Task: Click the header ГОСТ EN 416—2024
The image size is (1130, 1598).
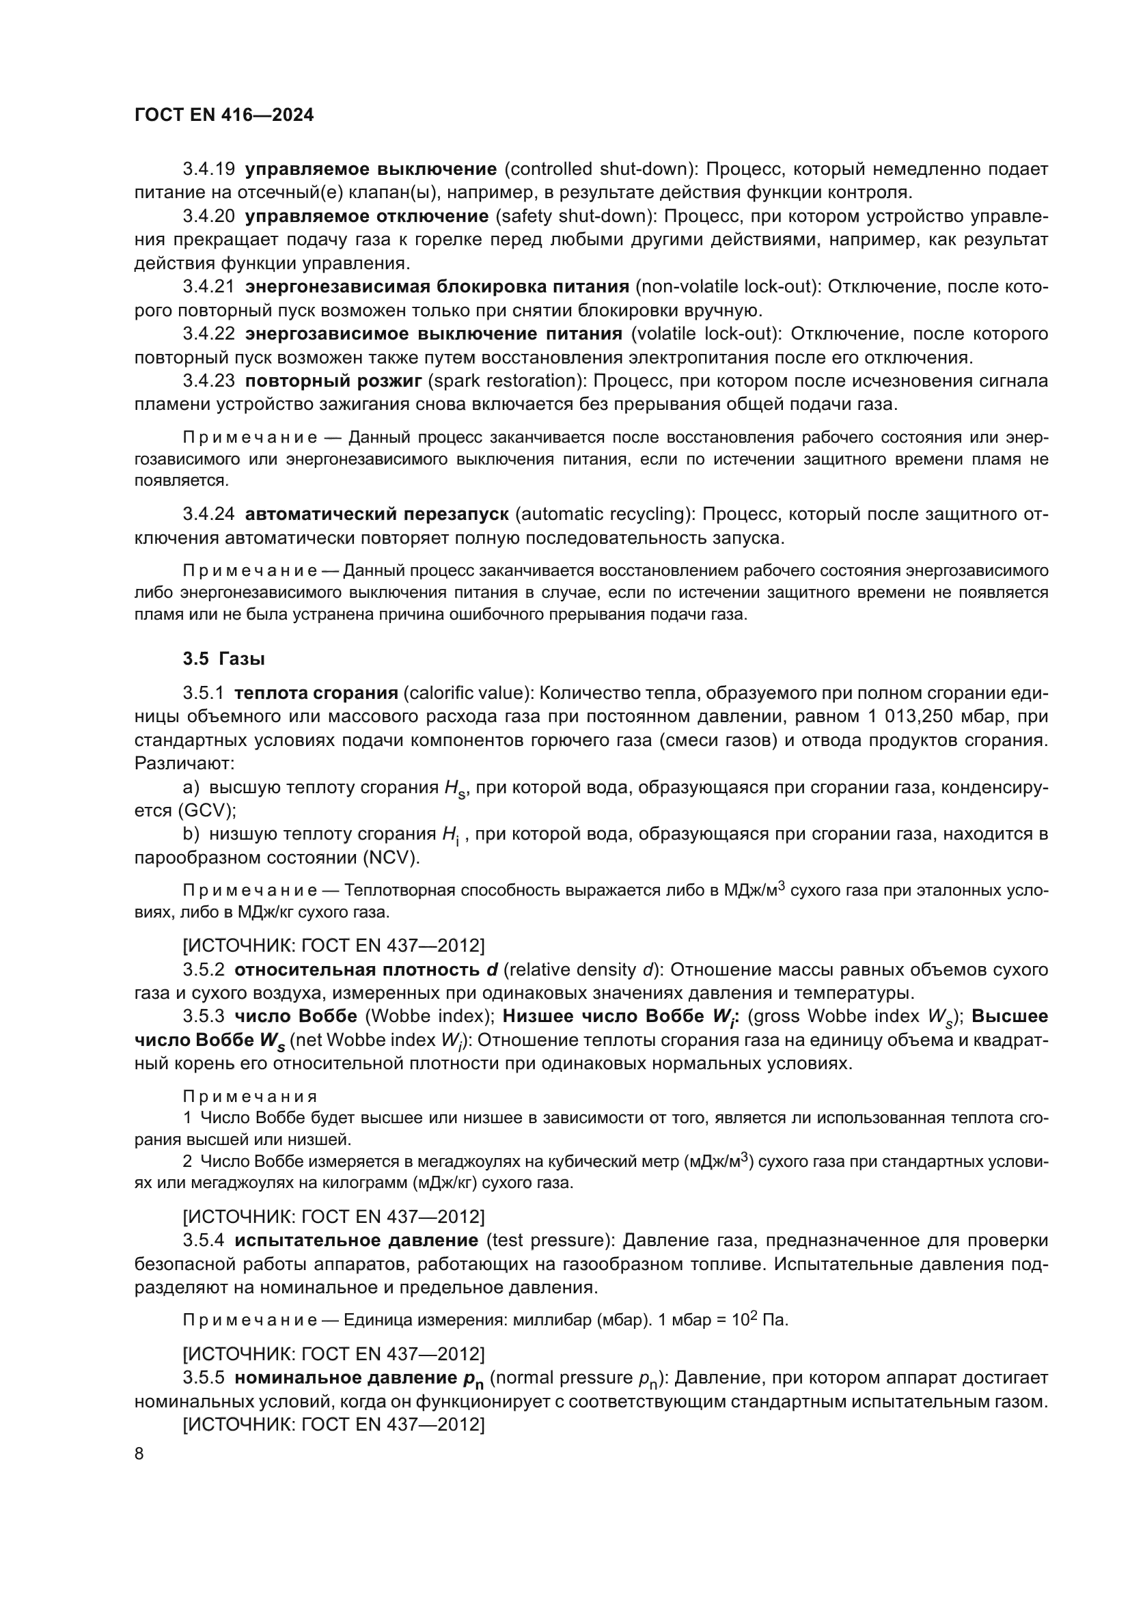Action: tap(223, 115)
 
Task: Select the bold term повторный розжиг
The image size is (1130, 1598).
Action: tap(333, 381)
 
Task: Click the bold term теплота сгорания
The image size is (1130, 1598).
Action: tap(316, 693)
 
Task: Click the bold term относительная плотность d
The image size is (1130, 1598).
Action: tap(366, 970)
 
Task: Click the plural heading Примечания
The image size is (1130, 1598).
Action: tap(250, 1097)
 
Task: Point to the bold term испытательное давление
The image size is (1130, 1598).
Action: tap(356, 1241)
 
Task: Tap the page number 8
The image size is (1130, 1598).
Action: tap(139, 1454)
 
